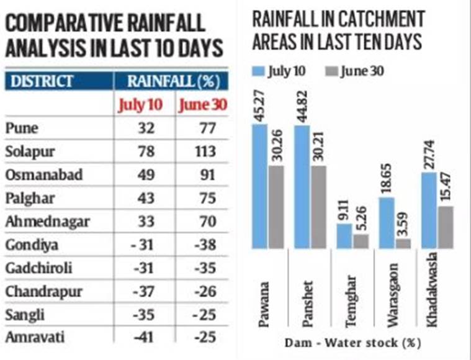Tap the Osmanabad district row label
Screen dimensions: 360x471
click(x=43, y=174)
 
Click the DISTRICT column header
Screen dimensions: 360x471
click(x=42, y=81)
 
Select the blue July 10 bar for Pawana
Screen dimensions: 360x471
click(x=260, y=186)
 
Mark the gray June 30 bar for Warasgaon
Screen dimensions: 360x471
click(x=403, y=243)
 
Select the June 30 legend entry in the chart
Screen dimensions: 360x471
click(x=354, y=71)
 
